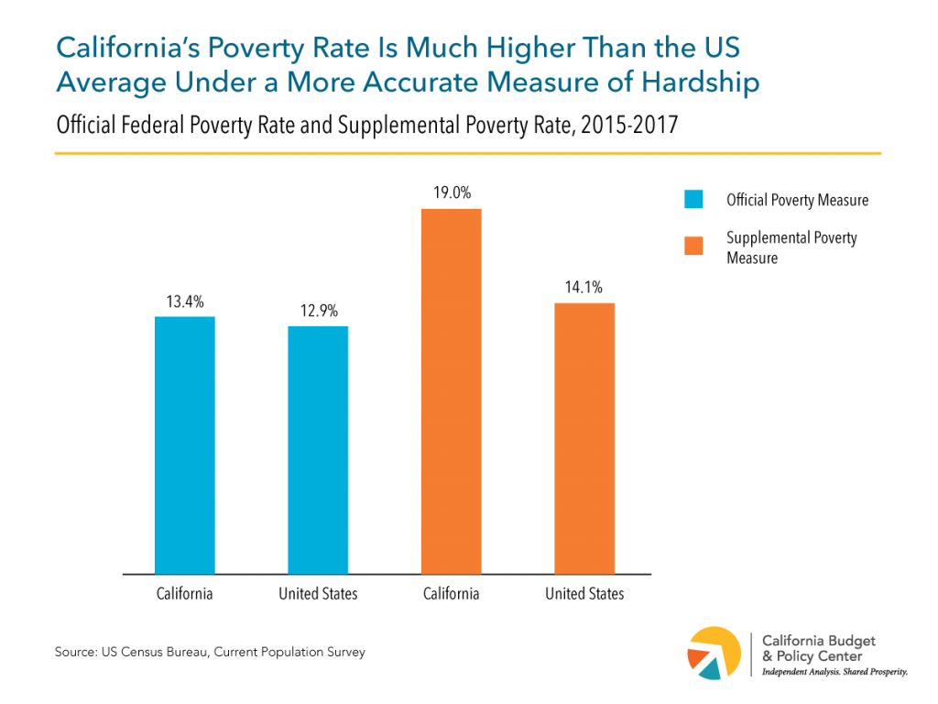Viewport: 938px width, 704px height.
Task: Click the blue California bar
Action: pyautogui.click(x=184, y=445)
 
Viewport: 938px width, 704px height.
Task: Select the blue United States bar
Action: pyautogui.click(x=318, y=450)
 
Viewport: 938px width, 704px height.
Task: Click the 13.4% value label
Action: pyautogui.click(x=184, y=302)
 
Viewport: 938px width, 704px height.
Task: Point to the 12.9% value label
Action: pyautogui.click(x=318, y=312)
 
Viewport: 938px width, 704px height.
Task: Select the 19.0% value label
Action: pyautogui.click(x=451, y=194)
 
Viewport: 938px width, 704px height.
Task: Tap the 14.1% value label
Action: pyautogui.click(x=584, y=288)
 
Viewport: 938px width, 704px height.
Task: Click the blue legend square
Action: pyautogui.click(x=693, y=200)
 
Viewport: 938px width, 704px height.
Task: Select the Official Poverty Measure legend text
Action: pyautogui.click(x=797, y=200)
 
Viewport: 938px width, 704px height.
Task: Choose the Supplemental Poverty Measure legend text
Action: pyautogui.click(x=791, y=247)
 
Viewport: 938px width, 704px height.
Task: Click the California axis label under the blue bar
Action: pyautogui.click(x=184, y=594)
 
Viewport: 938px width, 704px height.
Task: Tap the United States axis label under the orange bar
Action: pyautogui.click(x=584, y=594)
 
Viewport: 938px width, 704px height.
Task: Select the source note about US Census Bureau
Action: pyautogui.click(x=210, y=653)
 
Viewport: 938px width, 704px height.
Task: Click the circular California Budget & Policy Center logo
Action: pyautogui.click(x=714, y=654)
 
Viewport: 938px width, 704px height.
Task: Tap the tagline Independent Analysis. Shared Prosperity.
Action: pyautogui.click(x=834, y=673)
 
